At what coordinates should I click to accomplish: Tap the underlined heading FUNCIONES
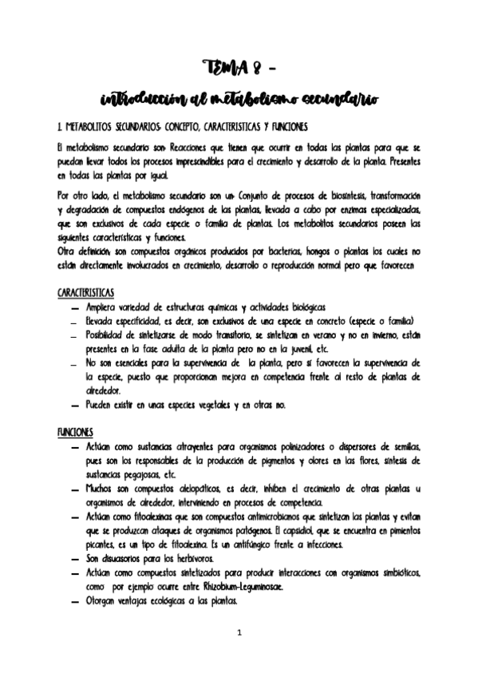coord(75,432)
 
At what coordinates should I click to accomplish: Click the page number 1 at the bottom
coord(239,633)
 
